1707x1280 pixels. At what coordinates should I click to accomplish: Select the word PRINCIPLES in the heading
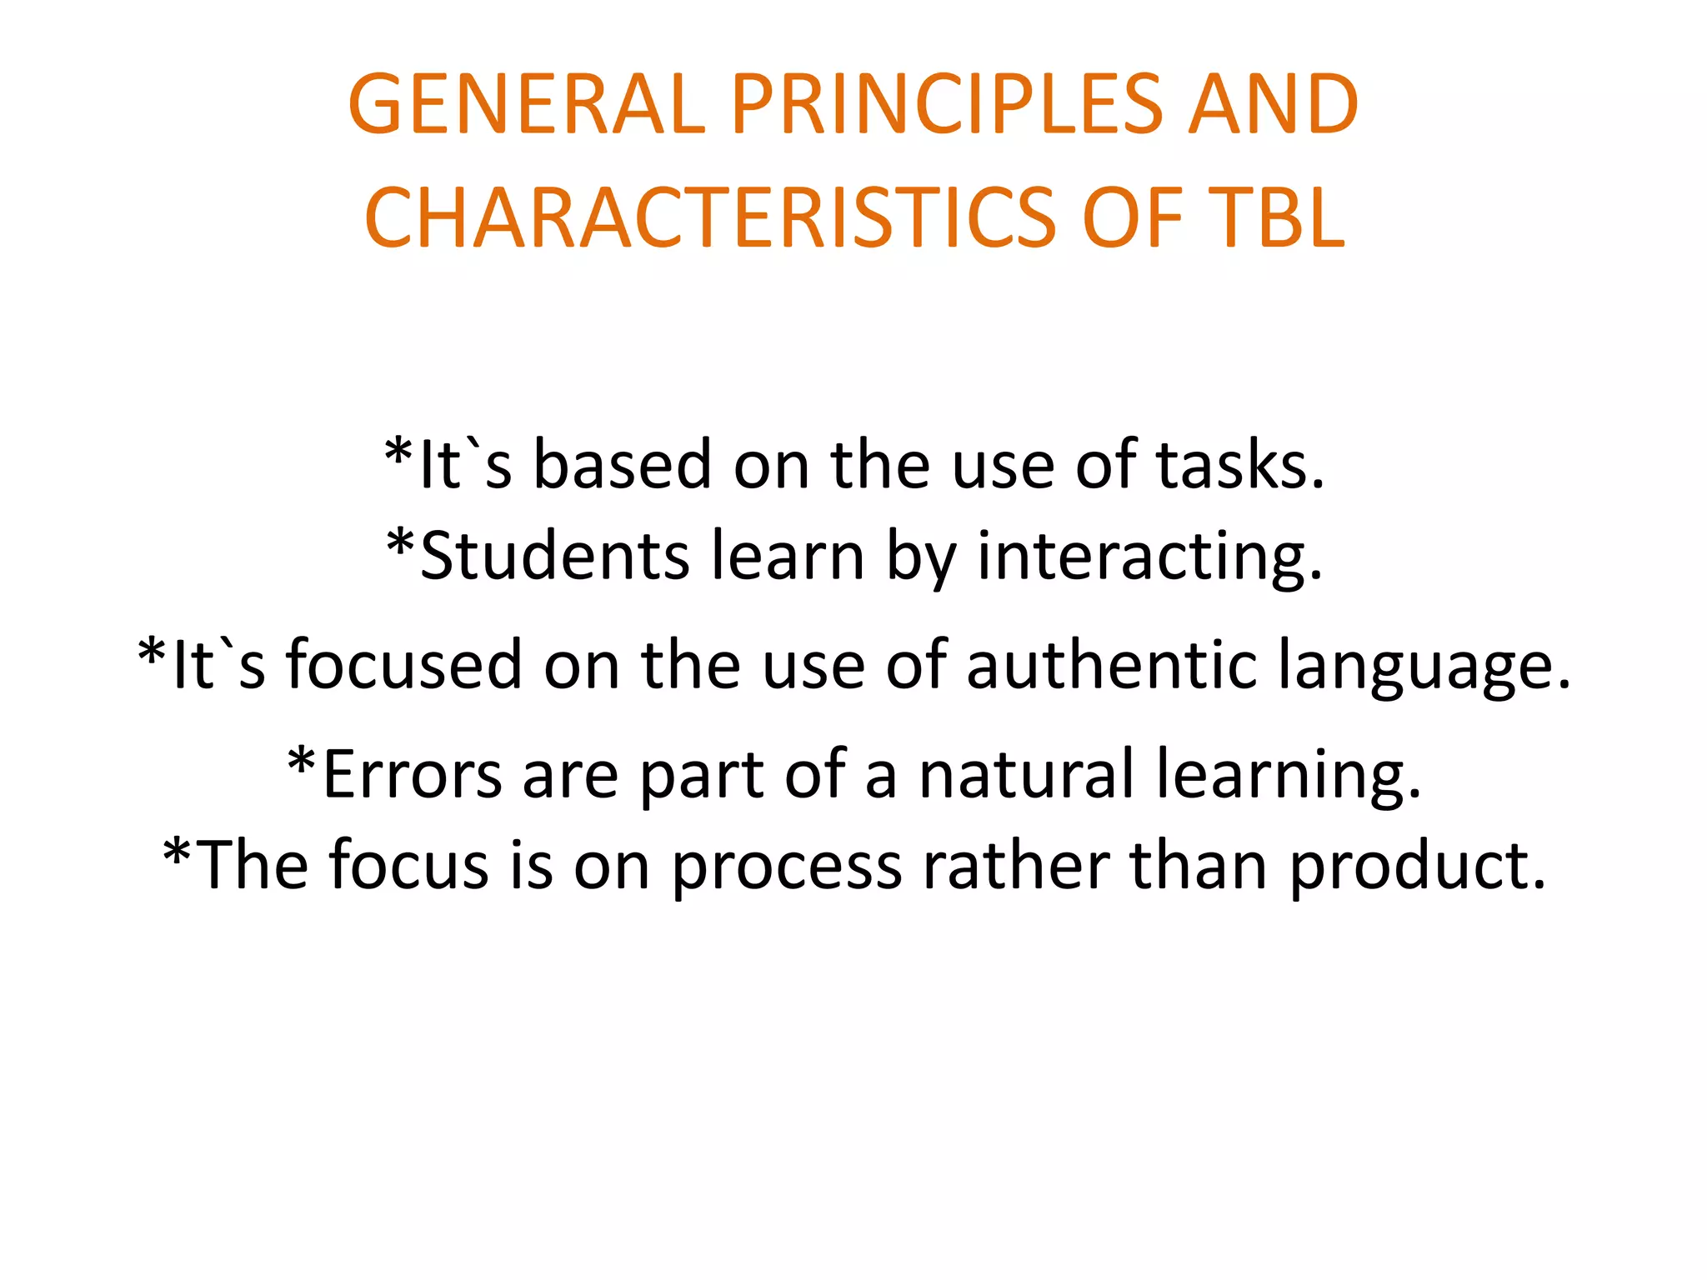[x=946, y=105]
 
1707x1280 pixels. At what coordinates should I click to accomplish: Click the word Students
[x=555, y=557]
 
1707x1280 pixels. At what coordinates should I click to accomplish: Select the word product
[x=1418, y=867]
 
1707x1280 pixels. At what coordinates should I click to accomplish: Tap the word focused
[x=404, y=665]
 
